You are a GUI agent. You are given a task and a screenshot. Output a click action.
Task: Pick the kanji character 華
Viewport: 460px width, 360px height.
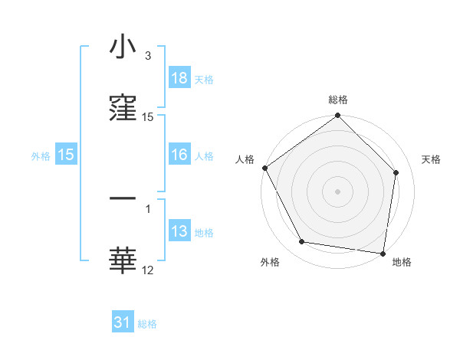123,260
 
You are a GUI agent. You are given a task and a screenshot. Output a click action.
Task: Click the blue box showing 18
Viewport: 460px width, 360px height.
179,78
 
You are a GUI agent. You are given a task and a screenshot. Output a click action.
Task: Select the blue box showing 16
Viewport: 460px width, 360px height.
179,155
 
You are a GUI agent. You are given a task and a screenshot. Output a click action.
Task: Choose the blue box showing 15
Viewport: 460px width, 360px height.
66,155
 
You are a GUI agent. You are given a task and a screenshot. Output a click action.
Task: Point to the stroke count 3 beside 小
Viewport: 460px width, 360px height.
147,56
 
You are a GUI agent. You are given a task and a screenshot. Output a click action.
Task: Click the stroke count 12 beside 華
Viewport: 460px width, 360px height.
148,270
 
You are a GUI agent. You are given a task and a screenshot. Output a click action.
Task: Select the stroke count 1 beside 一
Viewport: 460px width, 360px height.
147,208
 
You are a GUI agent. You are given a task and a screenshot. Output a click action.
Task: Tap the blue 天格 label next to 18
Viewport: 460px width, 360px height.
204,79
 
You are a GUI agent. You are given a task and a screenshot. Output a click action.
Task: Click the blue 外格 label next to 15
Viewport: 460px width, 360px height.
41,156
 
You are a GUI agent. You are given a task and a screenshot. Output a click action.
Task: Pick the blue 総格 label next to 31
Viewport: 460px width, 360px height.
147,323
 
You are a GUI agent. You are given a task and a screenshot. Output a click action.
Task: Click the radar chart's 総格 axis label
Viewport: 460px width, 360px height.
338,100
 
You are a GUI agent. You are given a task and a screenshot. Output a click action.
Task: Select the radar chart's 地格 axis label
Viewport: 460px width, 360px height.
402,263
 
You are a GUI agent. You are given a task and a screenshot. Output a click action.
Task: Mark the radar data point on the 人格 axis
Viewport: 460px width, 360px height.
265,168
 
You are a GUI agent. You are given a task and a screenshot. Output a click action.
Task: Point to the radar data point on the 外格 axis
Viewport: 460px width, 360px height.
302,242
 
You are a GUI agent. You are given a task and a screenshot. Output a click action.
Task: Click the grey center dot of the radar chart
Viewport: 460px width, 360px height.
338,191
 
